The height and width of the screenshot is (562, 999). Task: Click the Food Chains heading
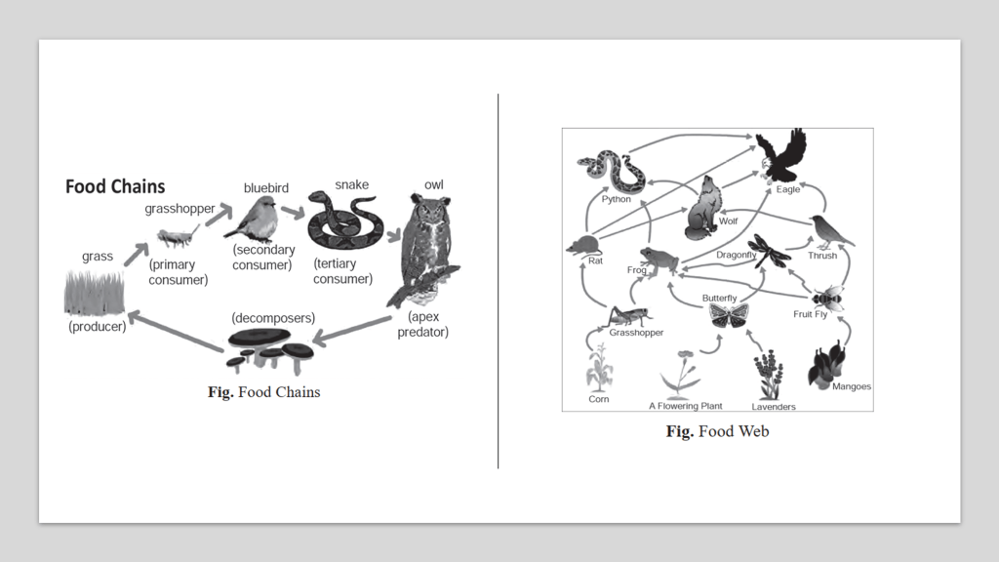coord(115,186)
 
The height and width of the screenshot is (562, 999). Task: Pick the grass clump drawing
coord(94,292)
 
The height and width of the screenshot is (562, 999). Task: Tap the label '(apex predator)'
coord(422,325)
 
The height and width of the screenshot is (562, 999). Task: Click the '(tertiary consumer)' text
coord(342,271)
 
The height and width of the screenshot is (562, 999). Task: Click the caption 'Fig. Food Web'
coord(717,431)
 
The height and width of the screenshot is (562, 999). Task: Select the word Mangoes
coord(851,387)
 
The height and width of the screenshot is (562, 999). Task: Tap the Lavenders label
coord(773,406)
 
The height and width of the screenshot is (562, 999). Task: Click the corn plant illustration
coord(598,371)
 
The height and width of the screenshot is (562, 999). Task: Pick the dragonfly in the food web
coord(770,250)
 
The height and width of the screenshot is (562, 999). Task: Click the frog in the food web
coord(659,259)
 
